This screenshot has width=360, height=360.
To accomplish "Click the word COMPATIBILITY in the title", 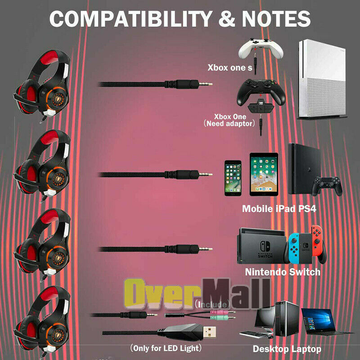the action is [x=130, y=19].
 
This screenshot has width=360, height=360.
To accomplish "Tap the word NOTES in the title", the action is [x=276, y=19].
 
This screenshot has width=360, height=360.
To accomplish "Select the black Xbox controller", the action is [x=261, y=92].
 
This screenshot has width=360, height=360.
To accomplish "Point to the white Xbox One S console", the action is [x=322, y=79].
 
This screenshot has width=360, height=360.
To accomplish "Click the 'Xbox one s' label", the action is [x=230, y=67].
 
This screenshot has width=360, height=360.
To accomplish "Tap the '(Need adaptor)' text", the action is [x=229, y=123].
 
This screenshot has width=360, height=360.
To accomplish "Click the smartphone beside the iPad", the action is [x=233, y=178].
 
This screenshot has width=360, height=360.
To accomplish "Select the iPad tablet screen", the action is [x=264, y=175].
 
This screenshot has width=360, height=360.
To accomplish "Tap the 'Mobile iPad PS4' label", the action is [x=279, y=209].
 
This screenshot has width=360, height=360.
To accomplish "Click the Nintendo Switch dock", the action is [x=262, y=246].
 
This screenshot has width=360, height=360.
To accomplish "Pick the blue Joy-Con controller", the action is [x=293, y=248].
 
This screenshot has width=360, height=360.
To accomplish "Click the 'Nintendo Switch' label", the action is [x=283, y=272].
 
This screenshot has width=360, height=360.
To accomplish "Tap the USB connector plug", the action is [x=209, y=332].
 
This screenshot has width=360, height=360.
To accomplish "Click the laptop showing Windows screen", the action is [x=321, y=321].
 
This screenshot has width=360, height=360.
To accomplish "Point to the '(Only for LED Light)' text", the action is [x=166, y=348].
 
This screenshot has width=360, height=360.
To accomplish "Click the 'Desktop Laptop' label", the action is [x=287, y=349].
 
